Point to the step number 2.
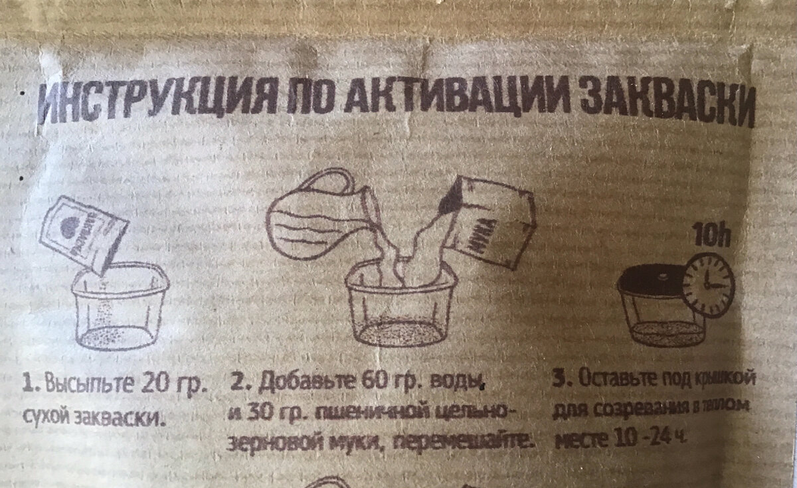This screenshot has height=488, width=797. (x=238, y=384)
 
